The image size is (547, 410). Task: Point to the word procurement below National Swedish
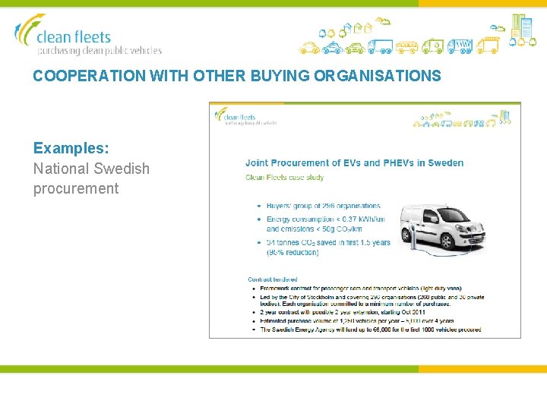click(76, 188)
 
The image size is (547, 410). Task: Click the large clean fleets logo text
click(74, 36)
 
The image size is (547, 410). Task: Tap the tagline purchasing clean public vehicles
click(100, 51)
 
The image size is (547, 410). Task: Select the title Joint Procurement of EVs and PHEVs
click(354, 162)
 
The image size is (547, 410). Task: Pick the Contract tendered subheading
click(273, 279)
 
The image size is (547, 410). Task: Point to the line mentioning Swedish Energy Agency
click(372, 330)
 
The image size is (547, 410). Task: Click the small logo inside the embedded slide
click(245, 117)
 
